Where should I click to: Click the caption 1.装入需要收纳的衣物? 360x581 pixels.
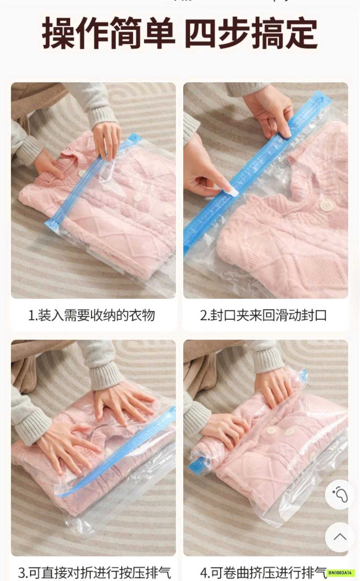pyautogui.click(x=92, y=315)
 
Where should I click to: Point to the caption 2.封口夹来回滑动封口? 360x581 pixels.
pyautogui.click(x=263, y=315)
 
